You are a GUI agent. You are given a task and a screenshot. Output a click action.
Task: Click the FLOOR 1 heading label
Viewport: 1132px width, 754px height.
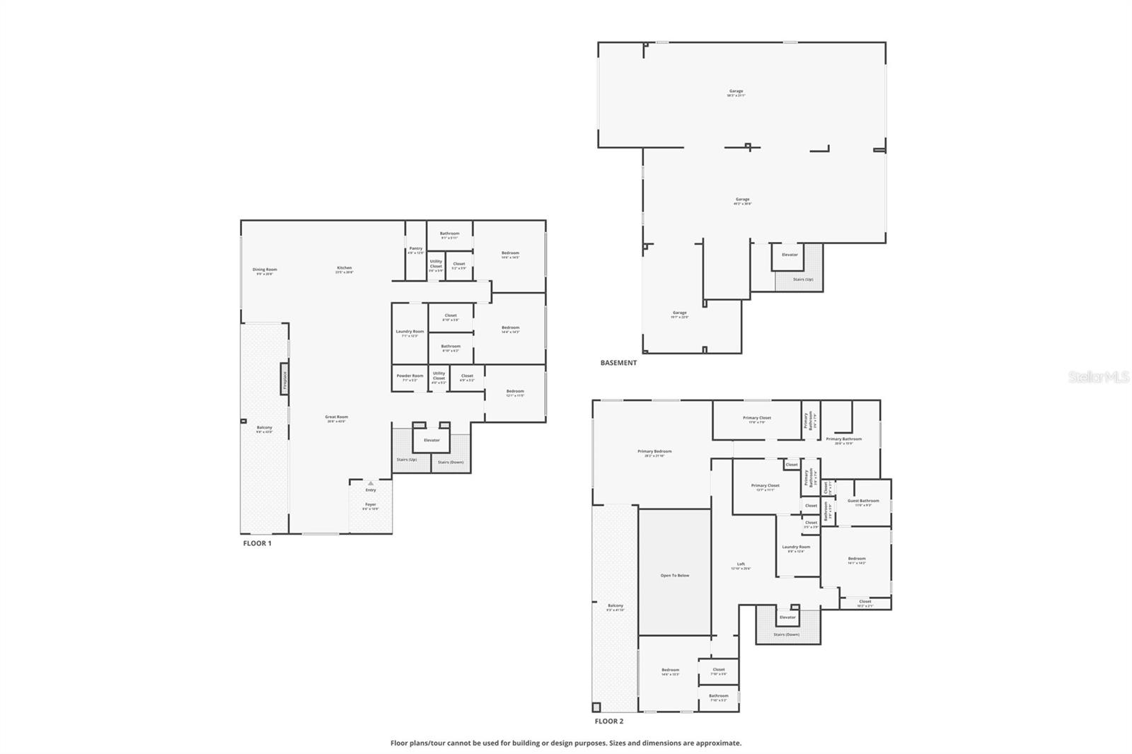click(257, 543)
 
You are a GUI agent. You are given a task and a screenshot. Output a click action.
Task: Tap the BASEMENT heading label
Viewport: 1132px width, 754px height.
click(618, 363)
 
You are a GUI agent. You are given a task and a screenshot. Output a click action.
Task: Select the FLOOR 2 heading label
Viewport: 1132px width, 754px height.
click(608, 721)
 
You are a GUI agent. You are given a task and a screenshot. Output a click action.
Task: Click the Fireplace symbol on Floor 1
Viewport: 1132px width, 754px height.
click(284, 381)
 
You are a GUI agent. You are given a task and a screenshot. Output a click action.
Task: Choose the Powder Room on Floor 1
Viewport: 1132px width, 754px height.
click(409, 377)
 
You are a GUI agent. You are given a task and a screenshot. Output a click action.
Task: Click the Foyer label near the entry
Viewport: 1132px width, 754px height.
click(371, 506)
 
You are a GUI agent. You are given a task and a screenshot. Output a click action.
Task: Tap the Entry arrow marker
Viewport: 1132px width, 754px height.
click(370, 483)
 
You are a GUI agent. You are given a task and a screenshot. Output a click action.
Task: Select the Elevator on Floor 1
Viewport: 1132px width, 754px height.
click(432, 440)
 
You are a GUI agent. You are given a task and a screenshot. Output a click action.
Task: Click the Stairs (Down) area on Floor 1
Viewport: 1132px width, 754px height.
click(451, 462)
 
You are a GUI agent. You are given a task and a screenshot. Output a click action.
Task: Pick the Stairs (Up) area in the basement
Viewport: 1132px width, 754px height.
click(803, 279)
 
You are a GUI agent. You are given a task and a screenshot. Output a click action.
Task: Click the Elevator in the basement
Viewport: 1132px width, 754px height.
click(790, 255)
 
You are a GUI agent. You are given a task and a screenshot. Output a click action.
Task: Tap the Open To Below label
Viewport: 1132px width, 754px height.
click(674, 575)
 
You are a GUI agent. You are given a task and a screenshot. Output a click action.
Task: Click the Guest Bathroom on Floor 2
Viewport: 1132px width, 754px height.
click(863, 502)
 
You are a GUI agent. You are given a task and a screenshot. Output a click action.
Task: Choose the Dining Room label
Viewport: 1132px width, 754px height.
click(265, 270)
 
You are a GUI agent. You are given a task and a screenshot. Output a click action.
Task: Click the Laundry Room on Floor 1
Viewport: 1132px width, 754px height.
click(410, 332)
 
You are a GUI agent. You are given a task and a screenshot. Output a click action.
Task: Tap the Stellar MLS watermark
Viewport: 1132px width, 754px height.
click(1098, 378)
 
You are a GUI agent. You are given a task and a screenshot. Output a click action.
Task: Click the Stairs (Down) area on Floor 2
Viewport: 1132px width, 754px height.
click(786, 634)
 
